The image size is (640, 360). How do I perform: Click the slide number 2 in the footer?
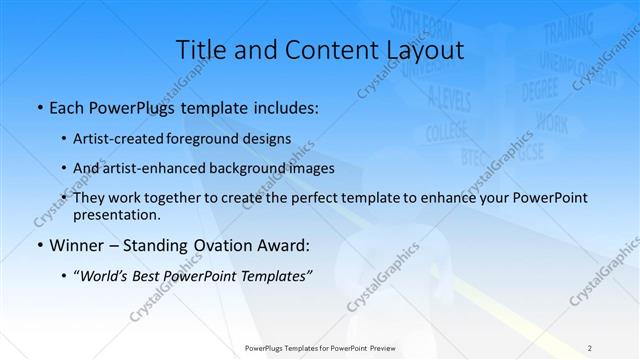point(590,348)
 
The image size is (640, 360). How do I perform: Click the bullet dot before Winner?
point(38,244)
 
